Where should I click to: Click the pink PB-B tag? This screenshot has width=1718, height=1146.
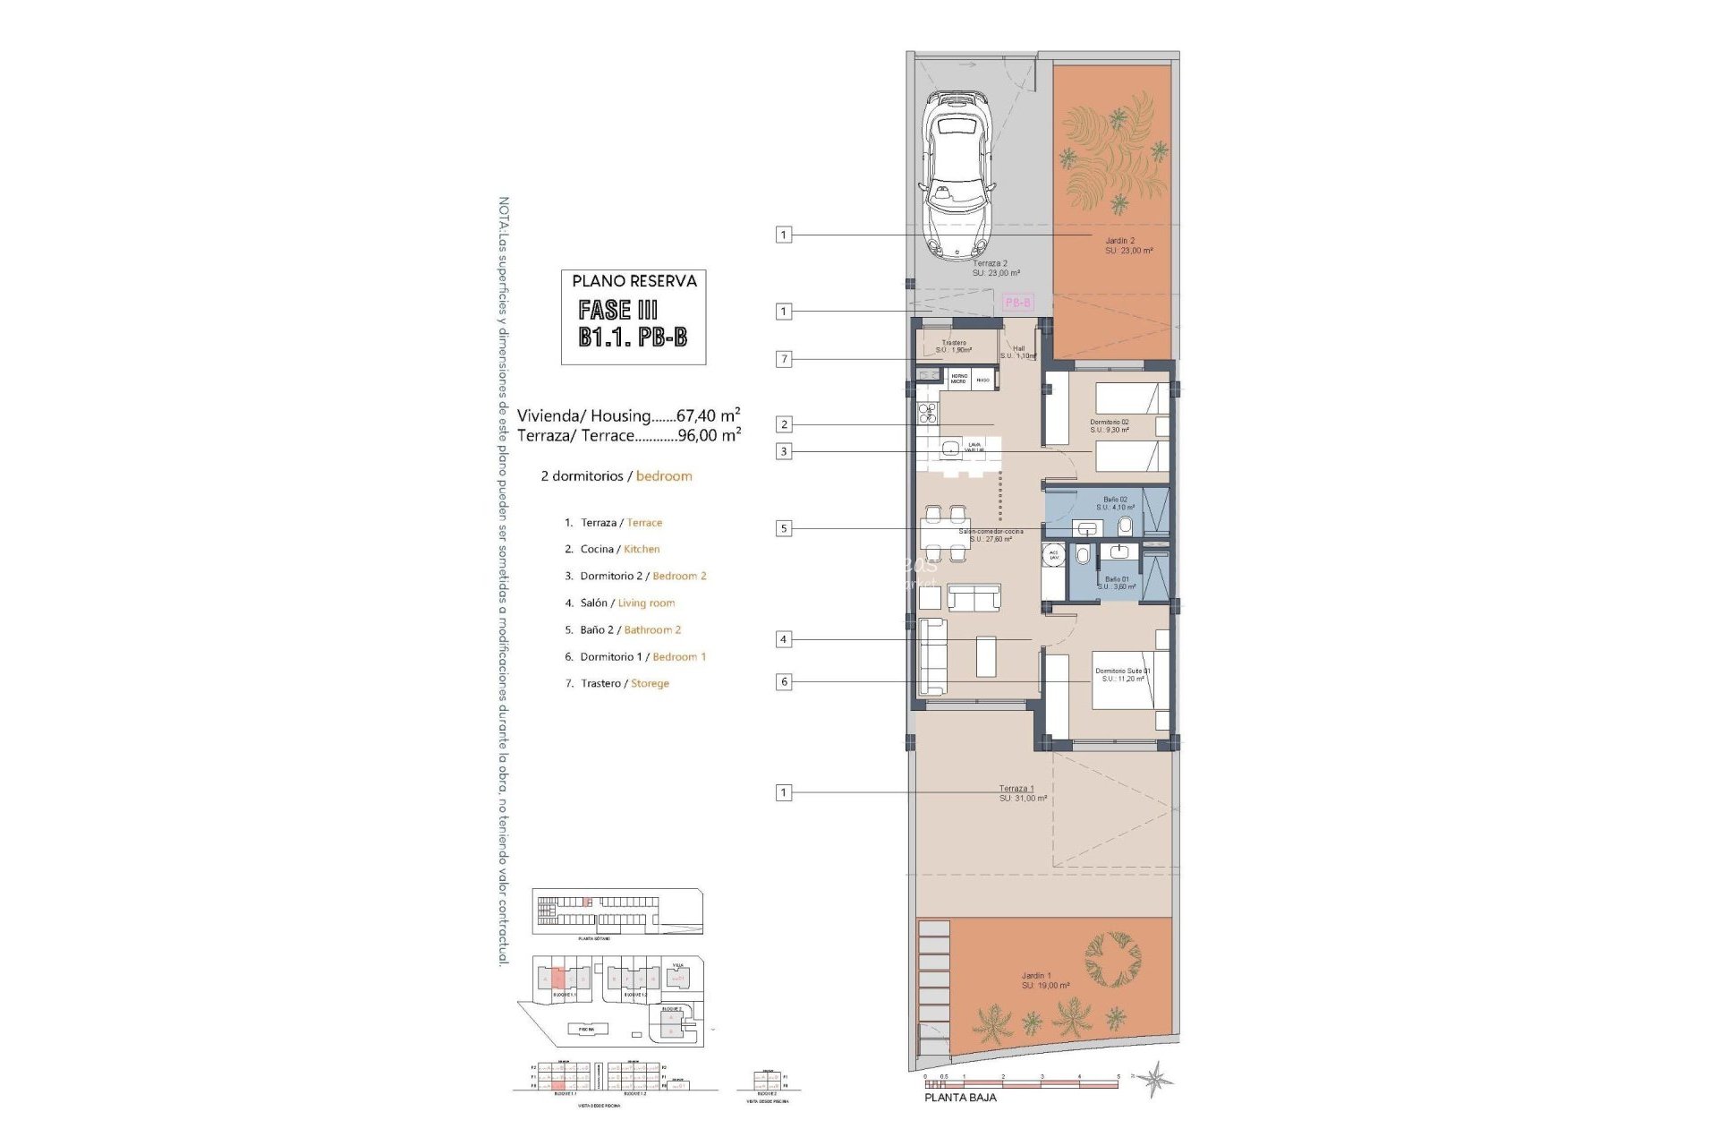click(1018, 303)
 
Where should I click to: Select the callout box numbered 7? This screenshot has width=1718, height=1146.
click(784, 359)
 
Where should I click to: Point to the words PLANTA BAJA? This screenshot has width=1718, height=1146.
click(960, 1097)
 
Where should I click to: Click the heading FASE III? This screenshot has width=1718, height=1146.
click(617, 311)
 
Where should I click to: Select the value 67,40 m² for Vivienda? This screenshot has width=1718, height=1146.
click(709, 415)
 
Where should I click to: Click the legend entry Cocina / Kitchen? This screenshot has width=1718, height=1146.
click(619, 549)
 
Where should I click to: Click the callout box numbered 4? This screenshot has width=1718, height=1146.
click(784, 639)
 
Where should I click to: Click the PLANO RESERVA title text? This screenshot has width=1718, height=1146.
click(634, 281)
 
